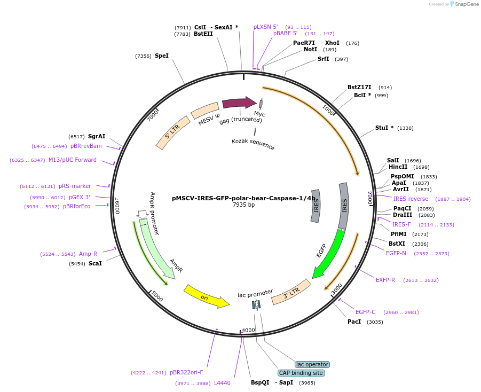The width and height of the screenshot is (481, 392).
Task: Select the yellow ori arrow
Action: (206, 296)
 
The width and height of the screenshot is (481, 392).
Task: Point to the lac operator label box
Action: (312, 364)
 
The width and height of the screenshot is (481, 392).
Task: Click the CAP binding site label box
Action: (301, 373)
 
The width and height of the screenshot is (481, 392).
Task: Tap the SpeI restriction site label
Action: (161, 56)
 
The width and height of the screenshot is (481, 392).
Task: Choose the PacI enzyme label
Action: (354, 322)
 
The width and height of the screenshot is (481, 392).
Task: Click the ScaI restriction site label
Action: (95, 263)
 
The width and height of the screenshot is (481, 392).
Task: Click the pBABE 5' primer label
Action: (285, 33)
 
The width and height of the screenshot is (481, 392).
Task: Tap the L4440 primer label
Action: (222, 383)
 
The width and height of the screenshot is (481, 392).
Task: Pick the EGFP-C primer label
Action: (366, 312)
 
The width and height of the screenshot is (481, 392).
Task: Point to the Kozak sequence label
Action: (253, 144)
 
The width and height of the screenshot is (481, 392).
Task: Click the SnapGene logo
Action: (464, 4)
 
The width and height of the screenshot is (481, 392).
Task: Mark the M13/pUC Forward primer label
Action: (73, 160)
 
